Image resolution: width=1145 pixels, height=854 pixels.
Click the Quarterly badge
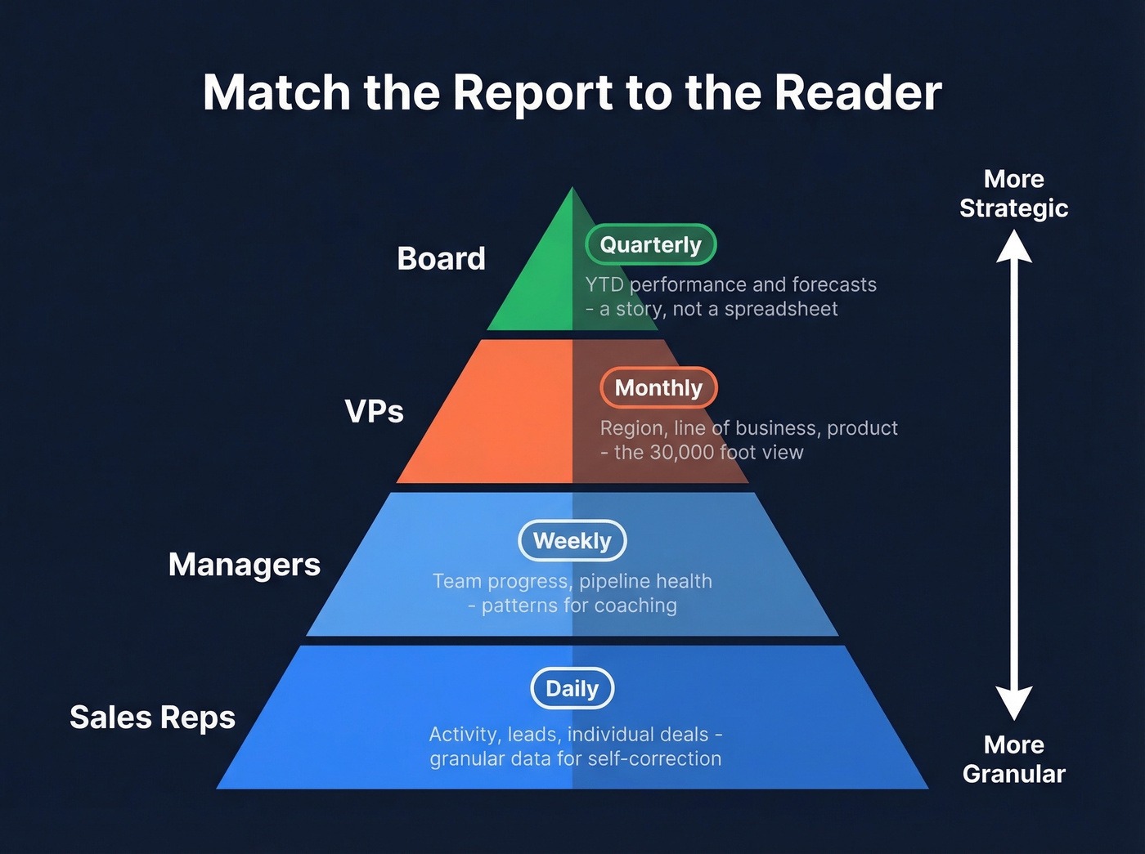click(651, 244)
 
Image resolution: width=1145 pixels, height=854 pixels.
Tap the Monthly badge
click(658, 387)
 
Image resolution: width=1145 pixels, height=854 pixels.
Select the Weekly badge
click(572, 540)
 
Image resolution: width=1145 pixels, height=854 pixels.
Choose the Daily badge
click(572, 688)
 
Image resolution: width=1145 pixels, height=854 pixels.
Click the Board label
click(441, 258)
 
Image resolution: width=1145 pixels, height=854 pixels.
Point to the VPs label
click(374, 411)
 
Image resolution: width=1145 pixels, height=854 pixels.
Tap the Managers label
click(245, 564)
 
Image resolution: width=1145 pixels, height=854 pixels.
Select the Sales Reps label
click(153, 717)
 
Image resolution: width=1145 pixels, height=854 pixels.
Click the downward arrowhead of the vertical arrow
click(1014, 703)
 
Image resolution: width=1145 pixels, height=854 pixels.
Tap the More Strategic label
click(1014, 194)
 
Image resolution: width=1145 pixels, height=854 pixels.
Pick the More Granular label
click(1014, 759)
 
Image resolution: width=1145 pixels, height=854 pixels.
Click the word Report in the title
click(532, 92)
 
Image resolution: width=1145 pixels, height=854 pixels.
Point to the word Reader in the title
click(858, 92)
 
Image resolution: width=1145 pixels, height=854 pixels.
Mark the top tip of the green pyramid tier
click(572, 190)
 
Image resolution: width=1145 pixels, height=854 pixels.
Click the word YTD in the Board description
click(604, 284)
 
